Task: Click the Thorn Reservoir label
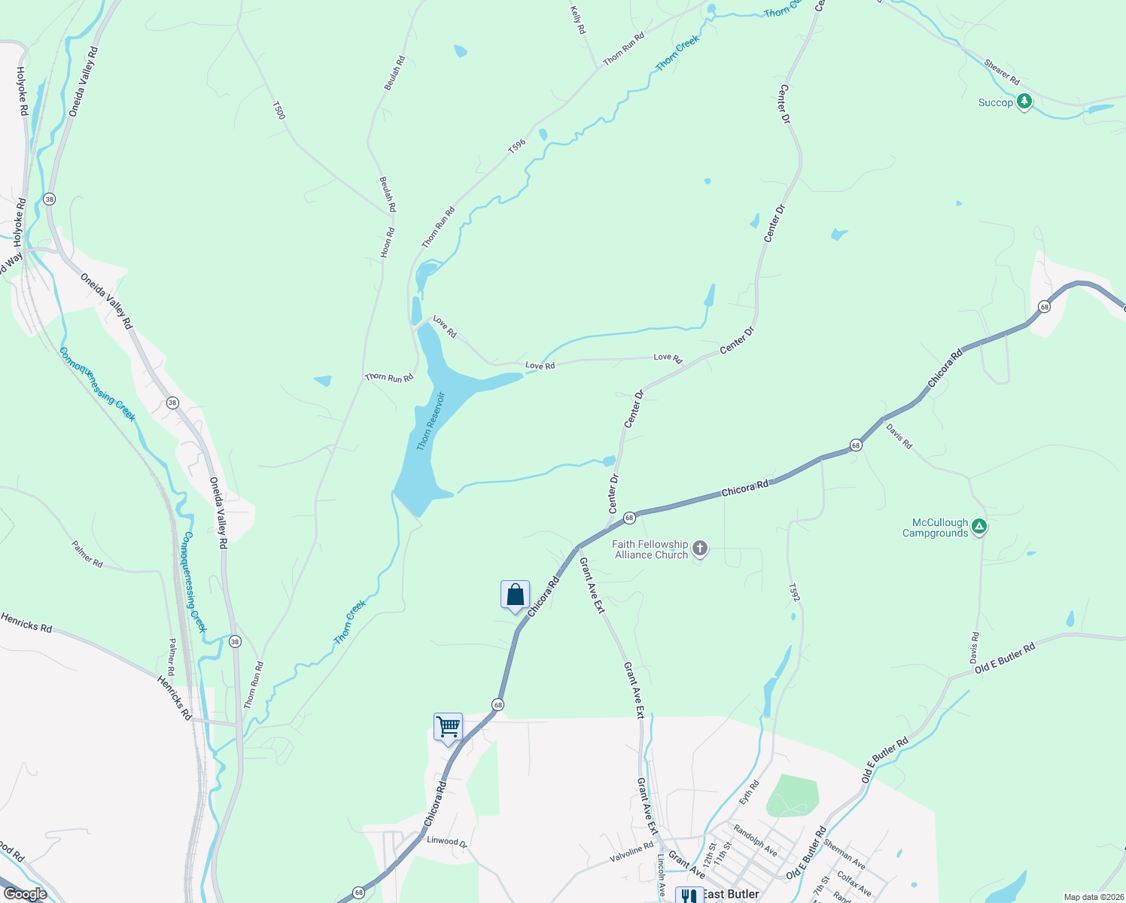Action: point(431,421)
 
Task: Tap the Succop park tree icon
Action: point(1024,102)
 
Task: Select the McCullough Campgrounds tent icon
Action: point(978,527)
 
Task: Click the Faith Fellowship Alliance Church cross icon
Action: point(700,548)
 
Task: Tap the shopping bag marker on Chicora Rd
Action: point(515,595)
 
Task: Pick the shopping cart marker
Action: point(448,727)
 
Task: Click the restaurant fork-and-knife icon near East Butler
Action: point(689,895)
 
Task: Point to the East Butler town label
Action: point(732,895)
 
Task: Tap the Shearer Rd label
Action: point(1002,72)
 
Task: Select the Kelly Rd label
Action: point(577,20)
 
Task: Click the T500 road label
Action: point(278,111)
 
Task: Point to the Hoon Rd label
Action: point(387,243)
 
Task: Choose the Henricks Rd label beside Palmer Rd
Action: point(174,698)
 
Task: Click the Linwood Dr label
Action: point(447,842)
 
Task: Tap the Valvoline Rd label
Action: point(631,853)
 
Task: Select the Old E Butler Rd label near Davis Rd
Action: point(1005,658)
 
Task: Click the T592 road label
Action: point(794,593)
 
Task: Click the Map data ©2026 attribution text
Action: point(1093,897)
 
